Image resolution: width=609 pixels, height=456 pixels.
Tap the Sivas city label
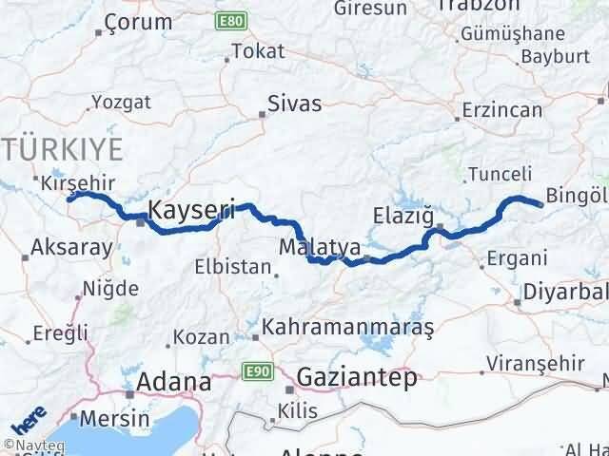[295, 104]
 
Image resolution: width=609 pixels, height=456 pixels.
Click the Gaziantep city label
[358, 377]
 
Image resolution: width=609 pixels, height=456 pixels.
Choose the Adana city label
[174, 382]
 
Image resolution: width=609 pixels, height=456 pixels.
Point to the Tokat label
[258, 52]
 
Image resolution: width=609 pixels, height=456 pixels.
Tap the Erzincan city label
[501, 111]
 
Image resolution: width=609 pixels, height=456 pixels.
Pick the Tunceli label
[494, 174]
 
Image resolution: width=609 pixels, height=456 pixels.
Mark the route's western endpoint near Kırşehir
[69, 198]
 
